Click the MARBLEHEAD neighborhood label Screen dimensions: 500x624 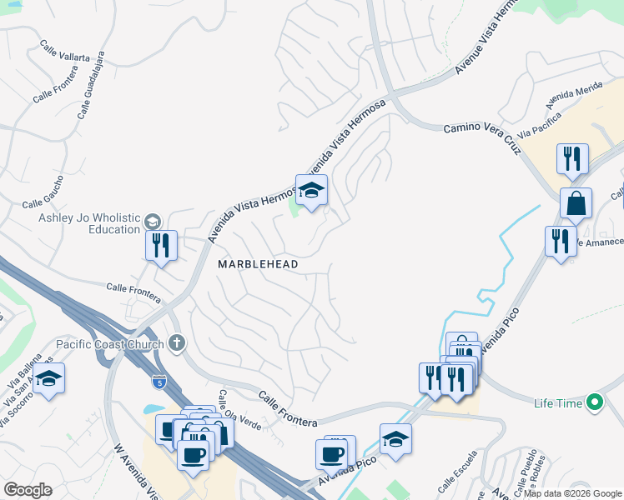(x=258, y=263)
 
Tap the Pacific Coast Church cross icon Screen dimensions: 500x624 (x=176, y=342)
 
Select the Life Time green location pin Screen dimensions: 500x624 (x=594, y=403)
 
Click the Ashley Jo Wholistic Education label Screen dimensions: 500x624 (x=89, y=224)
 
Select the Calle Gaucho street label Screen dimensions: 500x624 (x=43, y=203)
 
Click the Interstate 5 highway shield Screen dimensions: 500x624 (x=159, y=381)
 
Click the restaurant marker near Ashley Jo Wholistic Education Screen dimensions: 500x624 (x=162, y=246)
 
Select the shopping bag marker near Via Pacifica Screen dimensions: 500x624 (x=576, y=202)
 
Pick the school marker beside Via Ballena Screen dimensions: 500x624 (x=49, y=378)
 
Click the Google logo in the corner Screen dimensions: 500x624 (x=28, y=490)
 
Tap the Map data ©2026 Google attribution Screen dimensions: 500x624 (x=573, y=493)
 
